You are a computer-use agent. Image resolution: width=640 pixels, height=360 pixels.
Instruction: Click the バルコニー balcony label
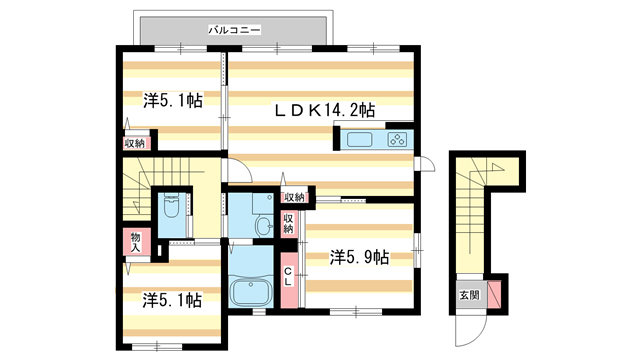[234, 31]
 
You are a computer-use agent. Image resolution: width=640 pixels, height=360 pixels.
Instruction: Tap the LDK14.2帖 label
[326, 110]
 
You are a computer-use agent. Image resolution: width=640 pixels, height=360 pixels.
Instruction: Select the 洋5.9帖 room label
[358, 257]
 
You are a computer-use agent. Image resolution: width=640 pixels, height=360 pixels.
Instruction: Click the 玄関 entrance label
[469, 295]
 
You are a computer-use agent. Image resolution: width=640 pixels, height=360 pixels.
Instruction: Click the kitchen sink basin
[361, 140]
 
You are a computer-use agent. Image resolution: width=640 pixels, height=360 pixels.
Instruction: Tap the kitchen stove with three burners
[395, 140]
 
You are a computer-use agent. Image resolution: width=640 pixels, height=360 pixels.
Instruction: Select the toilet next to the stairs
[169, 210]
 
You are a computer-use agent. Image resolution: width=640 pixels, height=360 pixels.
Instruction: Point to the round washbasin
[262, 227]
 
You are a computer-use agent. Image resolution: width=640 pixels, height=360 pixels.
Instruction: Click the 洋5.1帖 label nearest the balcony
[173, 100]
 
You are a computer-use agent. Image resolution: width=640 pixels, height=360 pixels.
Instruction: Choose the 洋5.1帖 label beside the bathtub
[172, 299]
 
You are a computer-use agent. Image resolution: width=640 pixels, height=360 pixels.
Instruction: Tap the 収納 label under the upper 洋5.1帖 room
[134, 143]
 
